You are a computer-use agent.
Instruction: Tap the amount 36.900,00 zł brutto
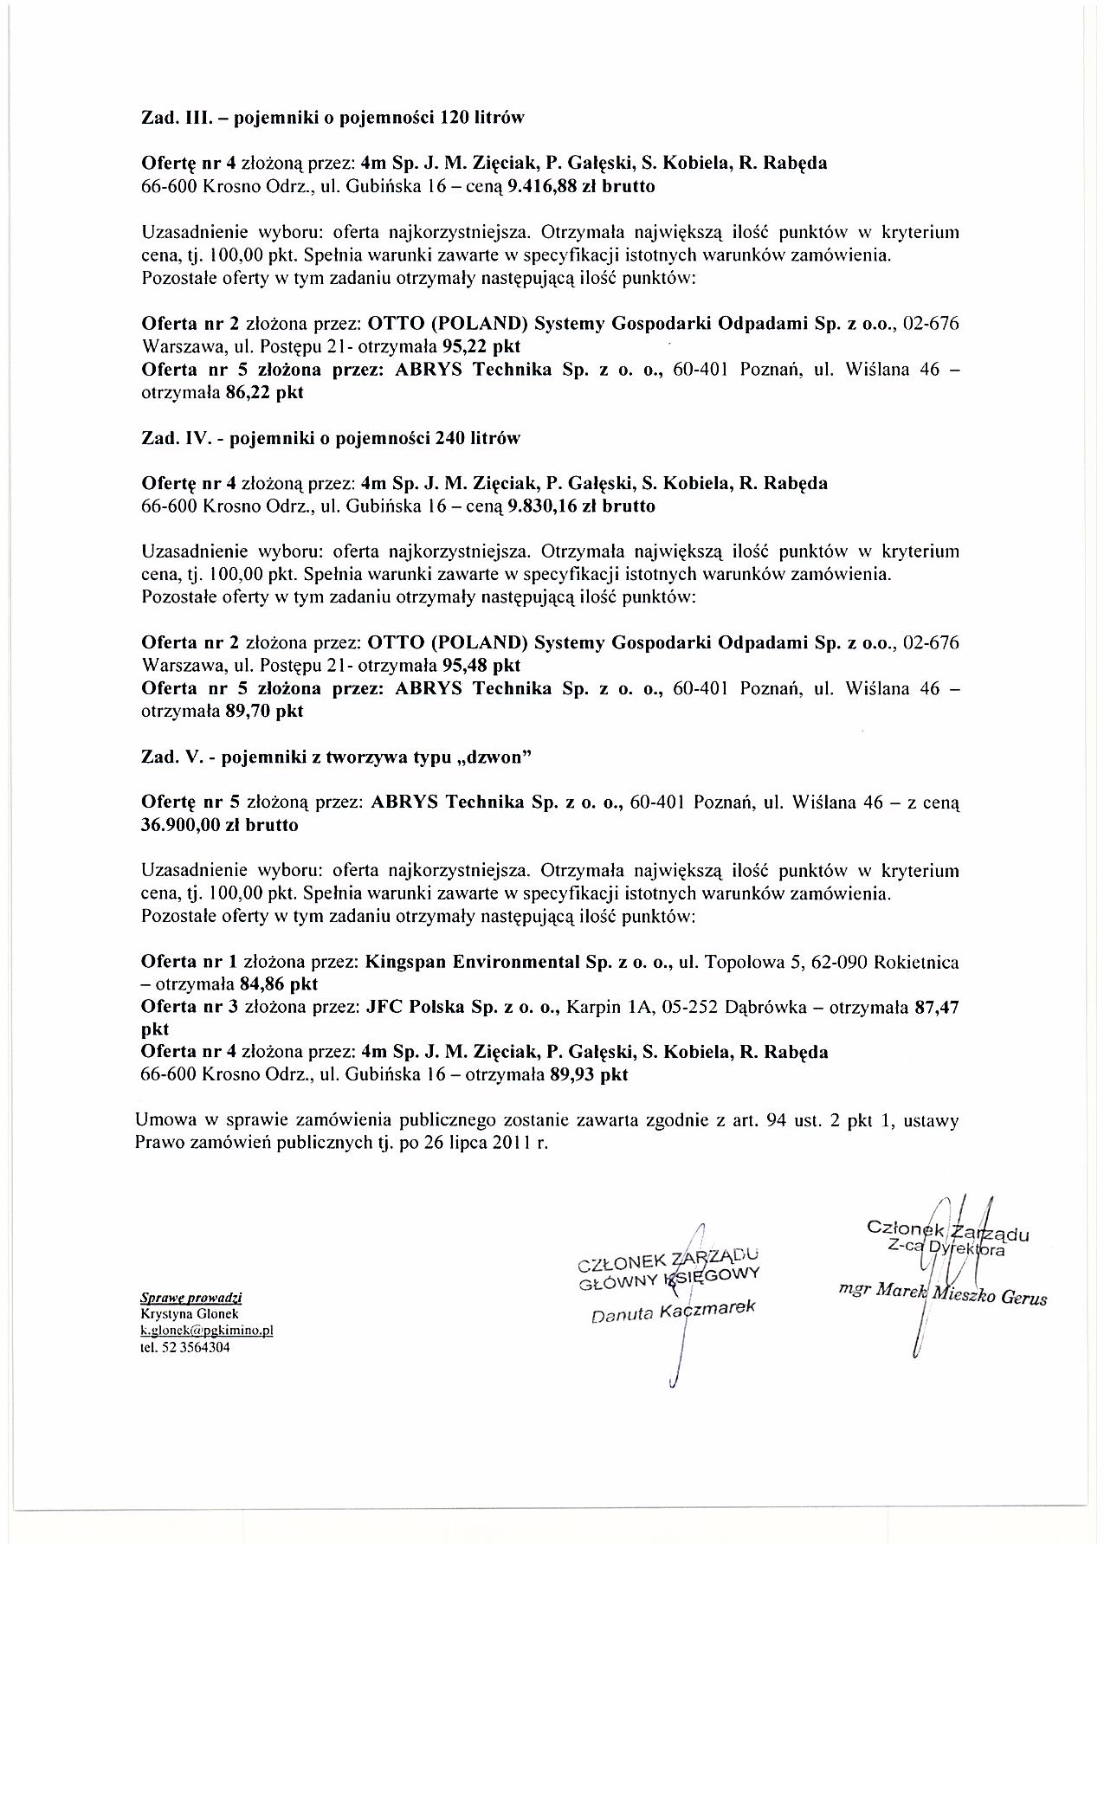(x=219, y=825)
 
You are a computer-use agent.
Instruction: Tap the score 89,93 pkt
(x=588, y=1075)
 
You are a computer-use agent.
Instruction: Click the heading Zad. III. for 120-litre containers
(x=333, y=117)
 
